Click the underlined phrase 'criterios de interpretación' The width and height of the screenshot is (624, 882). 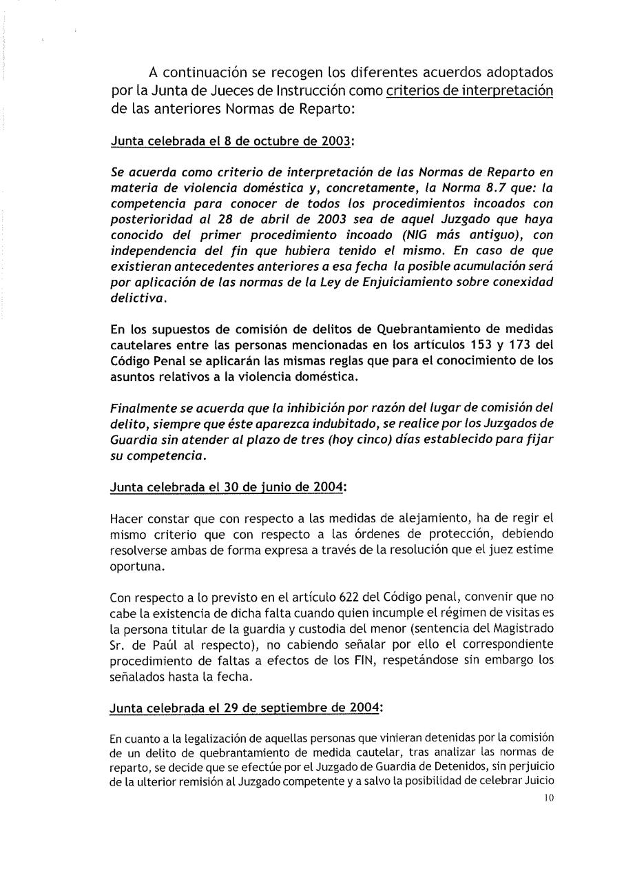[470, 91]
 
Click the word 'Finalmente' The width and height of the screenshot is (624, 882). [142, 408]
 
